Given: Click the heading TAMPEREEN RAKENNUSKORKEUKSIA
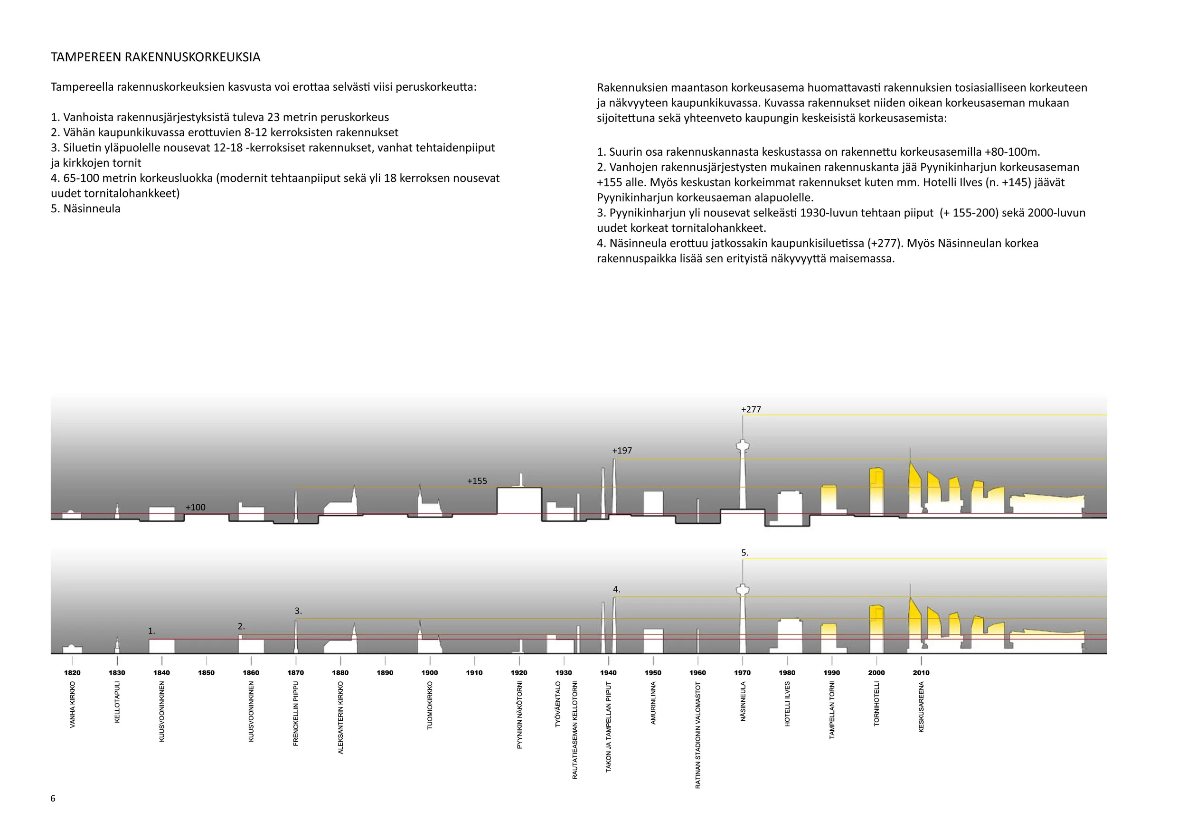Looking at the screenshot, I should coord(155,57).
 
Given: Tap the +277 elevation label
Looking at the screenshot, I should coord(751,409).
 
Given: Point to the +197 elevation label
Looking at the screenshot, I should coord(622,451).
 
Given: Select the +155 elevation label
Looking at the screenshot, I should coord(477,481).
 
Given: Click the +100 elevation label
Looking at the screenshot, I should coord(196,508).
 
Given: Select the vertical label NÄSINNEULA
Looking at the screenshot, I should coord(743,701).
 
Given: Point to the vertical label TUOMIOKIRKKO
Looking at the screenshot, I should coord(430,706).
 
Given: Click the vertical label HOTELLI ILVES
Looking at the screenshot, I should coord(787,704).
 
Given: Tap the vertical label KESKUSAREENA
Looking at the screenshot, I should coord(921,707).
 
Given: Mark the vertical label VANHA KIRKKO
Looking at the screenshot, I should coord(72,705).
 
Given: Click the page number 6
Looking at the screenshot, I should coord(53,799).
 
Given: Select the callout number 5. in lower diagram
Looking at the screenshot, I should coord(744,553).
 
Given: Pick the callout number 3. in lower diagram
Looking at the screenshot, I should coord(298,611).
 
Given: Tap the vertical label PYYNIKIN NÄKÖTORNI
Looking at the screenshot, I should coord(519,715).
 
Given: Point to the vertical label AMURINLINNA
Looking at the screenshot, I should coord(653,703).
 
